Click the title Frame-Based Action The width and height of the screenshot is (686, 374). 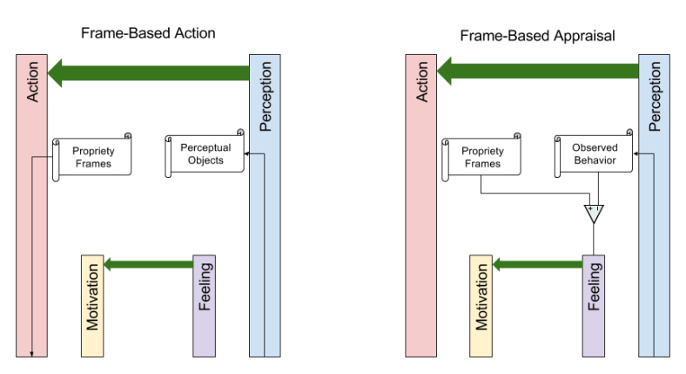tap(148, 33)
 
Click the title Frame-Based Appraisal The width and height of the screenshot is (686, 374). tap(537, 36)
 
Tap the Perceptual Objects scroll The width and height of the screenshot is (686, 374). tap(205, 154)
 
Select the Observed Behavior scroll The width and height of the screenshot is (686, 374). tap(595, 154)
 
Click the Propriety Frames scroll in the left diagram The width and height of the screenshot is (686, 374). tap(92, 157)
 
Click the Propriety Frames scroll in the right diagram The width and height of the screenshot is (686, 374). tap(481, 157)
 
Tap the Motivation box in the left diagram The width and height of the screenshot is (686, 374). tap(92, 306)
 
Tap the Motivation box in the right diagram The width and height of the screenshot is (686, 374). tap(481, 306)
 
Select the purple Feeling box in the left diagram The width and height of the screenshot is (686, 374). tap(204, 306)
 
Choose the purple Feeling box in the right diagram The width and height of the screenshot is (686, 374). tap(593, 306)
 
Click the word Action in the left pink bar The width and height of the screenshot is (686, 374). tap(33, 83)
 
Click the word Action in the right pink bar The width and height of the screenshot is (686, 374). tap(422, 83)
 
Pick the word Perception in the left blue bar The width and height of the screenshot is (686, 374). tap(266, 96)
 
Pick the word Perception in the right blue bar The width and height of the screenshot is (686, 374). tap(655, 96)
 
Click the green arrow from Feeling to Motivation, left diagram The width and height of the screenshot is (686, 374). tap(148, 263)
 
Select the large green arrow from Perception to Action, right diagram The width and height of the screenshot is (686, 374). tap(538, 72)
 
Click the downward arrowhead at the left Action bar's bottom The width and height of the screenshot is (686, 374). tap(32, 353)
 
